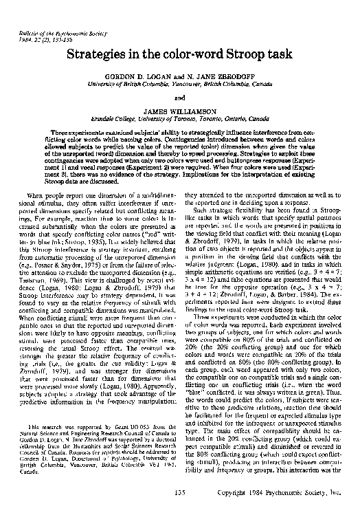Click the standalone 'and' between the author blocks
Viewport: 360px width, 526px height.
tap(180, 98)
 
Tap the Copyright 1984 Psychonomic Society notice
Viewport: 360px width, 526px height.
tap(289, 512)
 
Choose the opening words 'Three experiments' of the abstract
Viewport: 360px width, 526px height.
tap(80, 131)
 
